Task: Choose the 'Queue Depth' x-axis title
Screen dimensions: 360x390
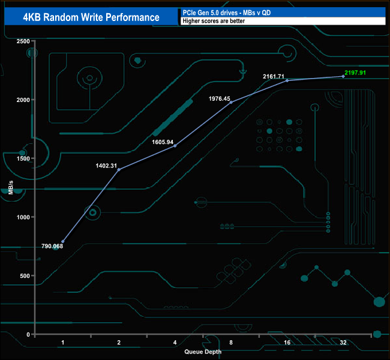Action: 203,352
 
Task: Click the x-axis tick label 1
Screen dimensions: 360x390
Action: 62,343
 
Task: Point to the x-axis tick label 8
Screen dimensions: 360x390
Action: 231,343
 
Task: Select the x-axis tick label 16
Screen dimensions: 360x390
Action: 287,343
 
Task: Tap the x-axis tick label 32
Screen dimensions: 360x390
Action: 343,343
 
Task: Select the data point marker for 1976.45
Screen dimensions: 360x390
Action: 231,103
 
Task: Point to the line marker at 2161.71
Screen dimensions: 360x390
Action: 287,80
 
